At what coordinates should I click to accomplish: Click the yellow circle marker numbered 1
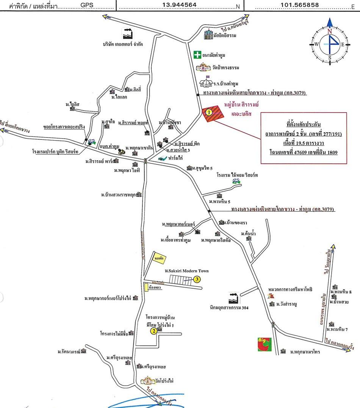[208, 112]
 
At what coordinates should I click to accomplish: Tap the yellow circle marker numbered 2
[154, 331]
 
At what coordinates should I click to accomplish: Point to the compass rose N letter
[330, 31]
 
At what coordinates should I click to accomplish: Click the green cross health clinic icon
[197, 55]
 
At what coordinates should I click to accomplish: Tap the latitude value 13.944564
[179, 5]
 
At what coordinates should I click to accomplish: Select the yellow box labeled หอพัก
[159, 258]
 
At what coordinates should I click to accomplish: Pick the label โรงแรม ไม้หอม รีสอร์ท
[237, 175]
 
